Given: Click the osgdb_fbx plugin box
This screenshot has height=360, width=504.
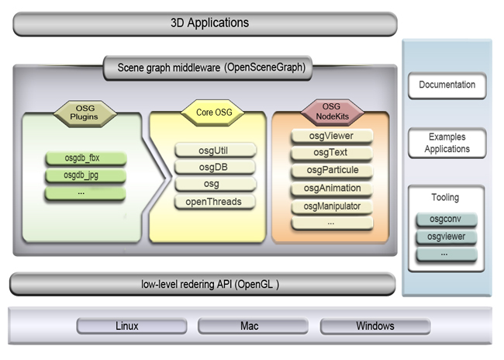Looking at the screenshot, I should pyautogui.click(x=83, y=158).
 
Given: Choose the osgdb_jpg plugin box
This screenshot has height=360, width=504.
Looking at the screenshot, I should pyautogui.click(x=83, y=175).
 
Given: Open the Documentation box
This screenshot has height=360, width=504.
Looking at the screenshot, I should pyautogui.click(x=447, y=85).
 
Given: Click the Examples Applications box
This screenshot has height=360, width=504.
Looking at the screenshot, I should pyautogui.click(x=447, y=143).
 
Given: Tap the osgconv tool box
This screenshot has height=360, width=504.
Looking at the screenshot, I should pyautogui.click(x=447, y=220).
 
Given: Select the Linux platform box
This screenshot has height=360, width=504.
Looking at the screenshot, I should pyautogui.click(x=126, y=326).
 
